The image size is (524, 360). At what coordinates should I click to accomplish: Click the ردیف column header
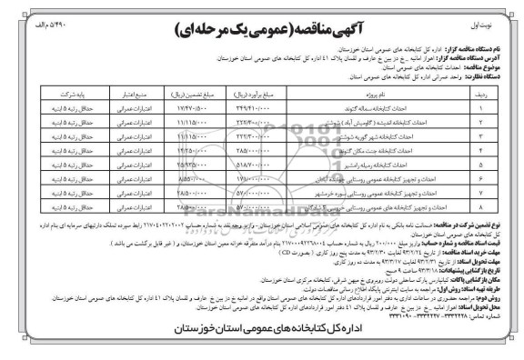(498, 93)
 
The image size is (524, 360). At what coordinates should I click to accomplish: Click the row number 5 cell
(498, 166)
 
